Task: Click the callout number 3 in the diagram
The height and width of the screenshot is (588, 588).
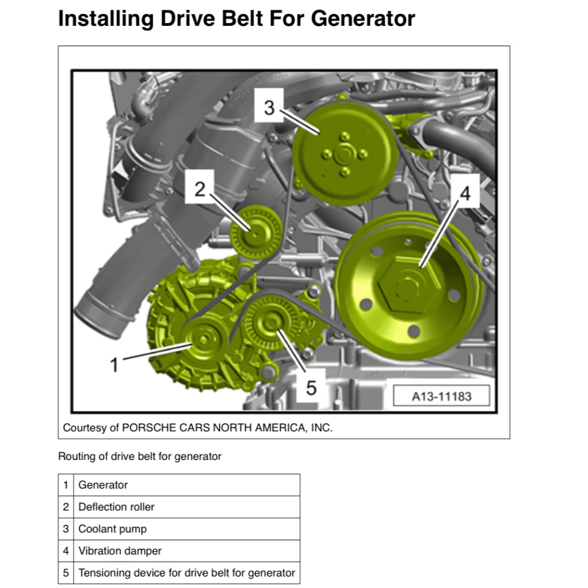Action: coord(269,107)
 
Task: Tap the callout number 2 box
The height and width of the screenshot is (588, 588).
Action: coord(200,188)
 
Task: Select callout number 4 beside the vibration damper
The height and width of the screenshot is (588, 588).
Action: coord(465,193)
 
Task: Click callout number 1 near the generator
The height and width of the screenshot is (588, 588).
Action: coord(114,365)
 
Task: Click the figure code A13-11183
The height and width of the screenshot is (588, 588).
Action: coord(442,396)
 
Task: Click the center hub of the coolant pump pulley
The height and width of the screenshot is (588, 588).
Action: coord(344,154)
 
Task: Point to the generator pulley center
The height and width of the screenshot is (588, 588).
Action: coord(203,340)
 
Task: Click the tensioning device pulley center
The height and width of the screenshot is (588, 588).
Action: coord(271,322)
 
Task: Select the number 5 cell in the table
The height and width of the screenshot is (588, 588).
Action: coord(66,572)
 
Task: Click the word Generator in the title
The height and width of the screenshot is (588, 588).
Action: coord(363,18)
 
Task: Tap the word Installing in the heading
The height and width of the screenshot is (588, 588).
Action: coord(106,19)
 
